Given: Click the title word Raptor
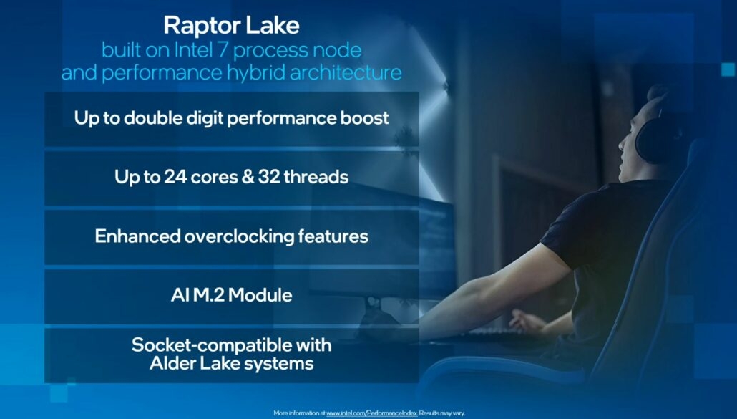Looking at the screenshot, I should click(201, 26).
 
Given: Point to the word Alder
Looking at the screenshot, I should click(170, 363).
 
